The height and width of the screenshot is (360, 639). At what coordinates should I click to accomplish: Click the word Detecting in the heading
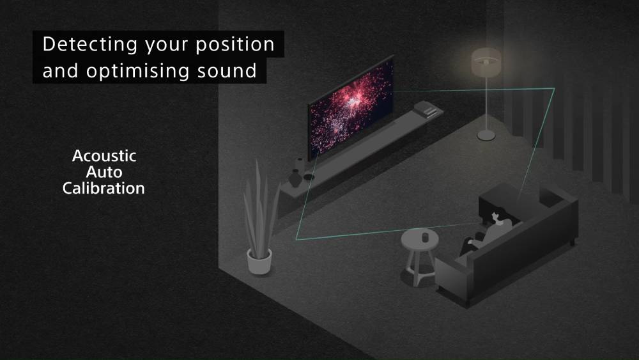(90, 44)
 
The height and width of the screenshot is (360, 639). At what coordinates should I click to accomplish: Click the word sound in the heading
(227, 71)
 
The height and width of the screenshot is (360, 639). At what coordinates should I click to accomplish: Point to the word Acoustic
(104, 156)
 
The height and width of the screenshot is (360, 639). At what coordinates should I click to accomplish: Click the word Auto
(104, 172)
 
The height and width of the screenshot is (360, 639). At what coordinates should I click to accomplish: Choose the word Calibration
(104, 189)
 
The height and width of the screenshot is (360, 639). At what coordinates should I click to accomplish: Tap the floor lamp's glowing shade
(486, 62)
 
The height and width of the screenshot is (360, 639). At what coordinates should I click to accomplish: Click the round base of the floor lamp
(486, 135)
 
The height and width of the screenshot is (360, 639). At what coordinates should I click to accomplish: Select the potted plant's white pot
(259, 262)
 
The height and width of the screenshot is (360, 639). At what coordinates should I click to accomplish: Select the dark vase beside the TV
(295, 179)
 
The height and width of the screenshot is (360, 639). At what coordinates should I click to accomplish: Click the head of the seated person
(497, 216)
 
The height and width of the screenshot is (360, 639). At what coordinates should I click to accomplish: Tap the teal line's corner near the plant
(296, 240)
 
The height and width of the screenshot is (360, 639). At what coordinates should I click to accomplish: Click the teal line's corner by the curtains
(555, 88)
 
